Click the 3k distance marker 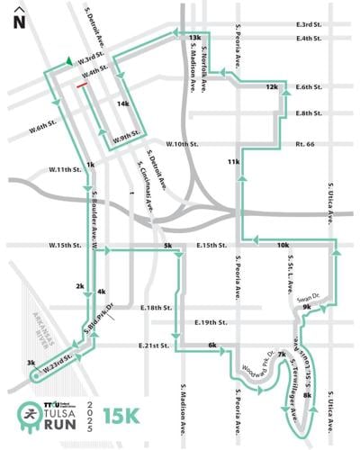(x=31, y=363)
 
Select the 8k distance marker (x=307, y=395)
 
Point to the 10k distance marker (x=283, y=245)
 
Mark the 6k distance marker (x=212, y=345)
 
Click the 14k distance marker (x=123, y=104)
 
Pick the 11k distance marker (x=234, y=162)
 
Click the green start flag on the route (x=69, y=61)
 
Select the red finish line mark (x=82, y=85)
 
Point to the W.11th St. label (x=66, y=169)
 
